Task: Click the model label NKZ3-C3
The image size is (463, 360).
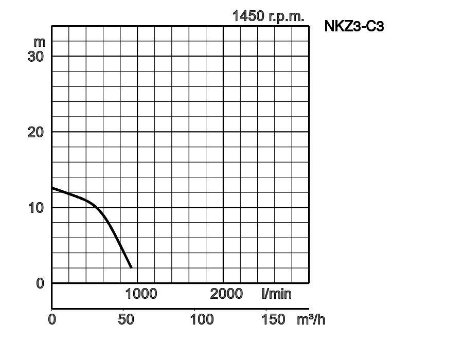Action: pyautogui.click(x=354, y=27)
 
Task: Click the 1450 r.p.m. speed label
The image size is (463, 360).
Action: pyautogui.click(x=268, y=16)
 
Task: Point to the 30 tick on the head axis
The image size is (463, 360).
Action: pyautogui.click(x=35, y=56)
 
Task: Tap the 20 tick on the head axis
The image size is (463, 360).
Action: pyautogui.click(x=35, y=132)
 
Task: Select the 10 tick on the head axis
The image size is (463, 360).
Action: pyautogui.click(x=35, y=207)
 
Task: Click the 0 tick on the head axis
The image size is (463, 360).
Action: pyautogui.click(x=40, y=283)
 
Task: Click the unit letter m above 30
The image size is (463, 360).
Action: pyautogui.click(x=39, y=41)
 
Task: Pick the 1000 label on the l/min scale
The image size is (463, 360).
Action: pyautogui.click(x=141, y=294)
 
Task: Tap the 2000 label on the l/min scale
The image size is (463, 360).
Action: pyautogui.click(x=226, y=294)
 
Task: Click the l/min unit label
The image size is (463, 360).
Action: pyautogui.click(x=276, y=294)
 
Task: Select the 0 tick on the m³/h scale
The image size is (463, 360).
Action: pyautogui.click(x=52, y=319)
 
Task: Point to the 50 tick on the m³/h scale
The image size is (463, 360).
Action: pyautogui.click(x=126, y=319)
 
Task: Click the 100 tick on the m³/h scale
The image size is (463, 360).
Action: pyautogui.click(x=202, y=319)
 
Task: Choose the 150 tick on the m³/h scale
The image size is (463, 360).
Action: pyautogui.click(x=273, y=319)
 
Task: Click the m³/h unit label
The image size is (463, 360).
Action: pyautogui.click(x=311, y=319)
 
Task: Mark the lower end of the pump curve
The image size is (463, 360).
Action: pyautogui.click(x=132, y=267)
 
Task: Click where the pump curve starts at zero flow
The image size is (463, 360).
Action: pyautogui.click(x=52, y=188)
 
